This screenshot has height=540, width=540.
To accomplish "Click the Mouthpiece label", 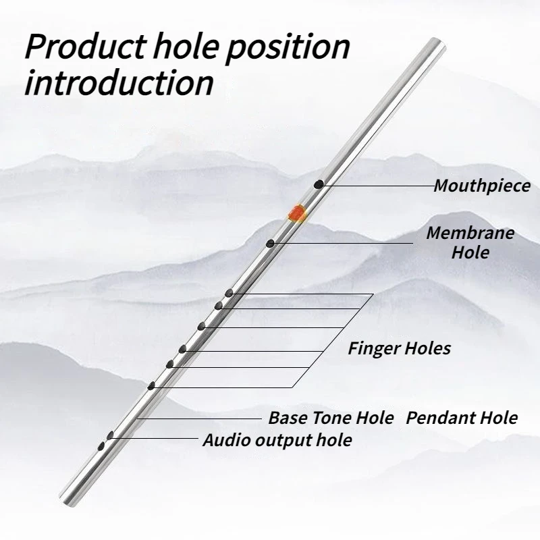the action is [x=482, y=186].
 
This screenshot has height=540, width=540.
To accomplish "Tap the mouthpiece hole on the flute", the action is [x=319, y=184].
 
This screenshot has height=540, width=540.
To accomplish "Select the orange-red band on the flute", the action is [x=297, y=213].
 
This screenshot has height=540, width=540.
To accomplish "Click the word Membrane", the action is [x=470, y=233].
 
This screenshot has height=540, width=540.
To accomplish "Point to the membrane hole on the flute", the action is [x=271, y=244].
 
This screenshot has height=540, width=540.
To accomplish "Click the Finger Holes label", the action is [x=399, y=348].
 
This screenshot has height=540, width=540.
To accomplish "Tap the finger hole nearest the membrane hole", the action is [x=229, y=293].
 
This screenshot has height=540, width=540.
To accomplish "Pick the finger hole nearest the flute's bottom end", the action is [x=151, y=385].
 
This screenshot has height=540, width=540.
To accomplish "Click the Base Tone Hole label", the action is [x=331, y=418].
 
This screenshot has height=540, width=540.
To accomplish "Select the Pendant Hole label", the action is [x=462, y=418].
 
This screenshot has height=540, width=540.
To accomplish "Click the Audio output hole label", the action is [x=277, y=440].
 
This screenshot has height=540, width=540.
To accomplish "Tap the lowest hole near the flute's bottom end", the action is [x=101, y=446].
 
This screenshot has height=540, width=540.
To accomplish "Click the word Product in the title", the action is [x=86, y=47].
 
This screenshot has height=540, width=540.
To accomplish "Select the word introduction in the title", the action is [x=119, y=82].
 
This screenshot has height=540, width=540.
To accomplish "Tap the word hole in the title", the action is [x=186, y=47].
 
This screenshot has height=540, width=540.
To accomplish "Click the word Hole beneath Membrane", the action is [x=470, y=252].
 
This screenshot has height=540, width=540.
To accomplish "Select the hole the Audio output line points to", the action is [x=110, y=435].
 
